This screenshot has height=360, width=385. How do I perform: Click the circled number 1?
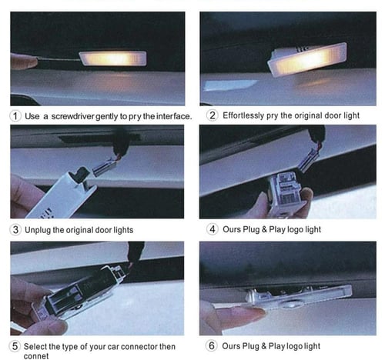point(15,116)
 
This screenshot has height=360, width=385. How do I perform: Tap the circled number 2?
point(213,115)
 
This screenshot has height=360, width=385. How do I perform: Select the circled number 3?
point(15,229)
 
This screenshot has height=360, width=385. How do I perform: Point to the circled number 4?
point(213,229)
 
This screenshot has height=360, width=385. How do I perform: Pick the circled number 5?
point(15,346)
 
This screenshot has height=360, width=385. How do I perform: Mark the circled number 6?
point(212,345)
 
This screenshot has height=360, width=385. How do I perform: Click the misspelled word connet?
point(36,356)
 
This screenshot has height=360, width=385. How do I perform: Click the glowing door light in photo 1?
point(113,58)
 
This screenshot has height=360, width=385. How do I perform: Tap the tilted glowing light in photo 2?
point(307,59)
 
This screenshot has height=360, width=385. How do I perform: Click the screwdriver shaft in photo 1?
point(59,60)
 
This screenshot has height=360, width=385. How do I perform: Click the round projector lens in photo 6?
point(290,305)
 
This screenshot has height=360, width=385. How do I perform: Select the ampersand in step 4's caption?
point(264,229)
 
